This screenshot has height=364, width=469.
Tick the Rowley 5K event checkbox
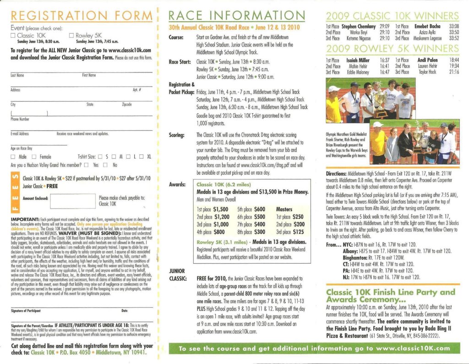(71, 36)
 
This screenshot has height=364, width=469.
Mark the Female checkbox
(36, 157)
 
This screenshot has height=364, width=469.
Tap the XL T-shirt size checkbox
(142, 157)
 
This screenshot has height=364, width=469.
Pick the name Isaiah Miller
(358, 60)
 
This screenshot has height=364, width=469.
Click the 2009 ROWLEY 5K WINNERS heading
(393, 49)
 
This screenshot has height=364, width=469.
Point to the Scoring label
(176, 135)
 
